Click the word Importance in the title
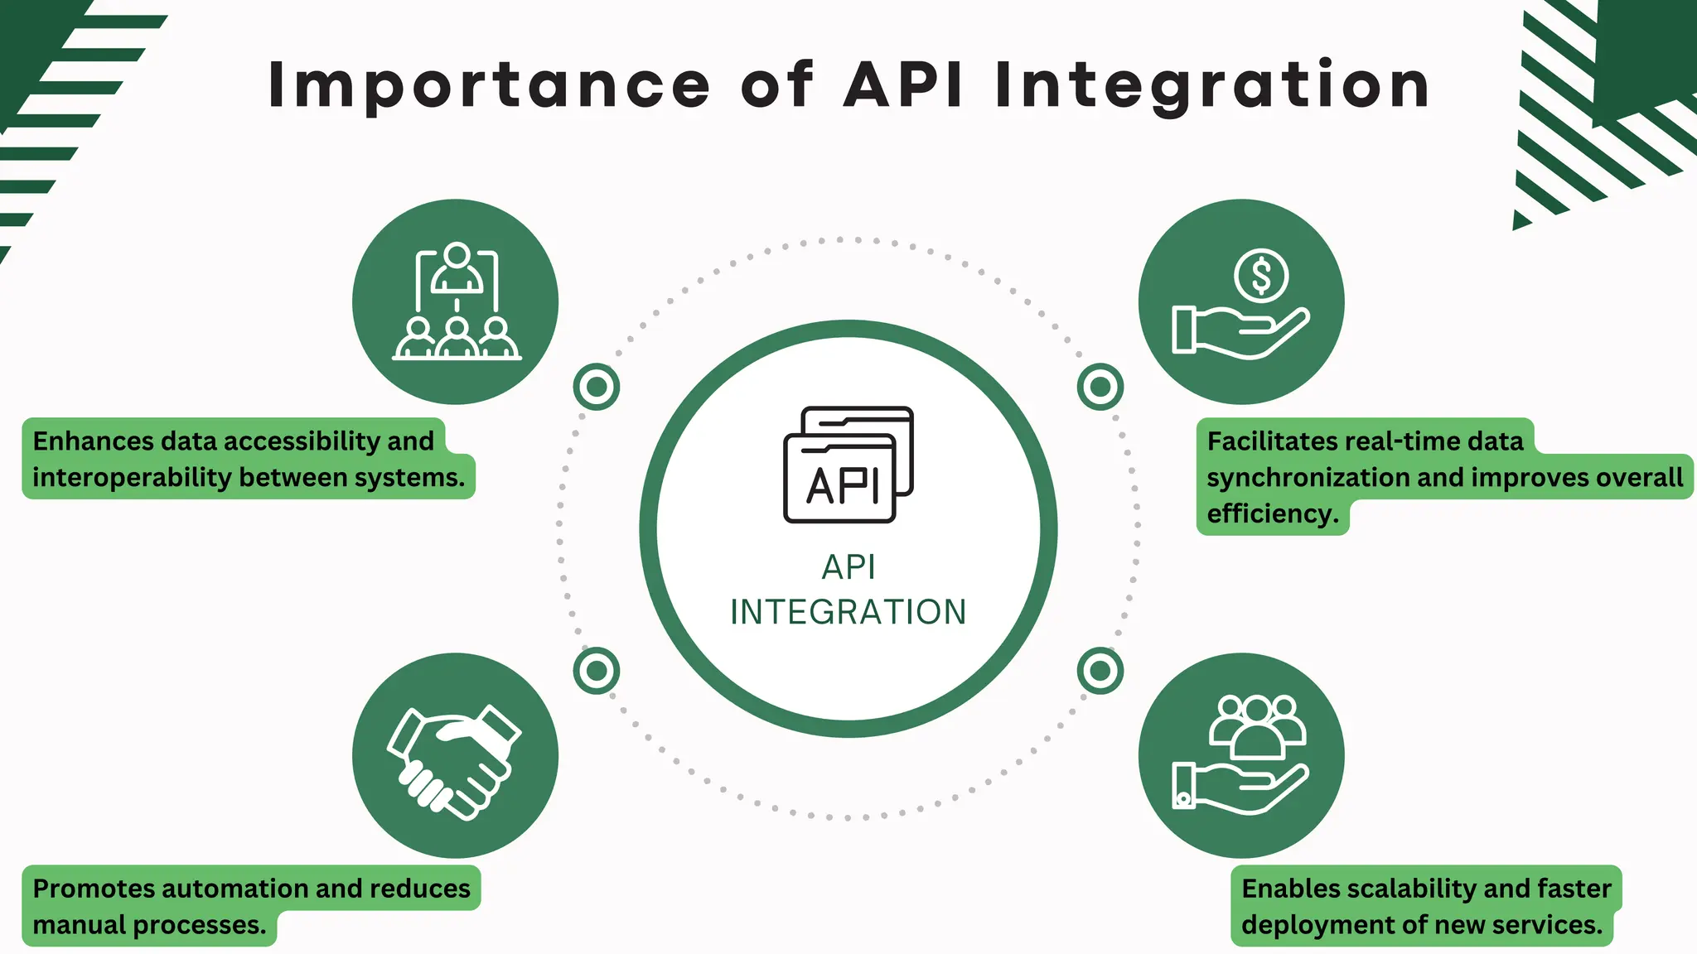489,85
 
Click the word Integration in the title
1211,85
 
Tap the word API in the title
903,85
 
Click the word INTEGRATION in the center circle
848,612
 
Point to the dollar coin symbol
1260,277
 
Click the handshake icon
454,760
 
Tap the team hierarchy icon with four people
457,302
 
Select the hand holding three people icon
1240,754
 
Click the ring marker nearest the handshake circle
596,670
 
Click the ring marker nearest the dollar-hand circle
1100,386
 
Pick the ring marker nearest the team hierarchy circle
596,386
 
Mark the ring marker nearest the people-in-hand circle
1100,670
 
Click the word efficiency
1272,514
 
